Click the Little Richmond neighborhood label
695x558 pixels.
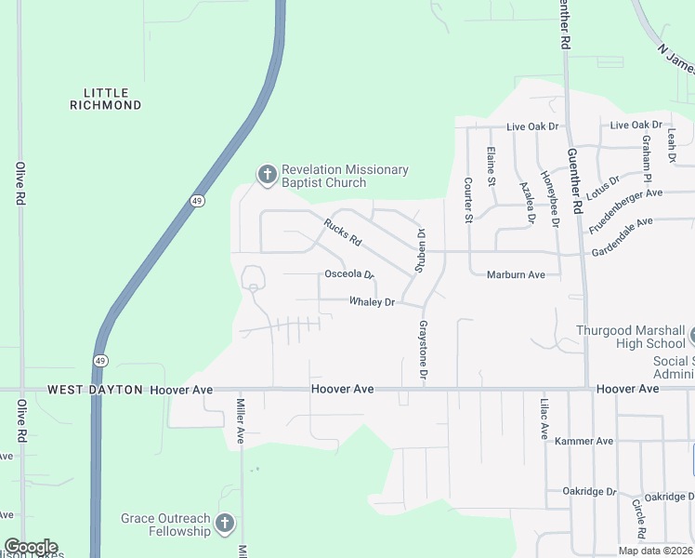[x=106, y=99]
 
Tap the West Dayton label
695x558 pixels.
[x=95, y=390]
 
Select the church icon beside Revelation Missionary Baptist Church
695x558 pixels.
[x=267, y=174]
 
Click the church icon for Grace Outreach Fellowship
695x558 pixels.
[x=224, y=525]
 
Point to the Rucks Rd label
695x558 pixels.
[x=342, y=231]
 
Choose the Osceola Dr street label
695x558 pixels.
[x=348, y=274]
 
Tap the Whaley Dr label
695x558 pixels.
[x=372, y=302]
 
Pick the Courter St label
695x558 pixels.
[x=468, y=201]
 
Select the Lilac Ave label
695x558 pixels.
[x=544, y=418]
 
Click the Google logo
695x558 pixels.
[x=31, y=547]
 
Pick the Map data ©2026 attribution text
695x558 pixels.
[x=654, y=551]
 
